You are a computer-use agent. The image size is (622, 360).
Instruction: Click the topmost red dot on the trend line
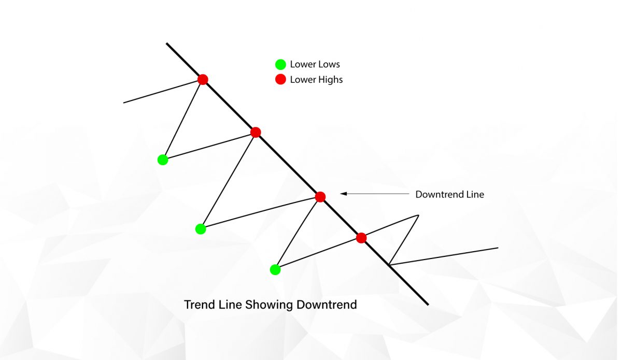(x=203, y=79)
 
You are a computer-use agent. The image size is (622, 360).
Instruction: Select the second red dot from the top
(x=255, y=133)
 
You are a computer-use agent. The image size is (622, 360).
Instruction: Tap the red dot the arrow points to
(x=320, y=197)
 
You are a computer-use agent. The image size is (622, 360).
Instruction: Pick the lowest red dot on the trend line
(x=361, y=238)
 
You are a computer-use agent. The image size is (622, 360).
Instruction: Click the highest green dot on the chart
(x=163, y=160)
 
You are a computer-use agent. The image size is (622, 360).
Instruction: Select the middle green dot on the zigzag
(x=201, y=229)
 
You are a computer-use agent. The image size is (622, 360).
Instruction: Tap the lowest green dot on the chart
(x=275, y=269)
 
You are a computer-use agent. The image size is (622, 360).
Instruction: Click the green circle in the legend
(x=280, y=65)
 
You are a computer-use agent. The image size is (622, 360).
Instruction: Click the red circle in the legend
(x=280, y=80)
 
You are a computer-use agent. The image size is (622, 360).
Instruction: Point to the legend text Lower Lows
(x=315, y=65)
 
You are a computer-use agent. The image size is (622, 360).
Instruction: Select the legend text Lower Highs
(x=316, y=80)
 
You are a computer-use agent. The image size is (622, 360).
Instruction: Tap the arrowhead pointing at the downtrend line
(x=343, y=194)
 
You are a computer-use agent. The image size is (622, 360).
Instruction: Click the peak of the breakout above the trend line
(x=417, y=215)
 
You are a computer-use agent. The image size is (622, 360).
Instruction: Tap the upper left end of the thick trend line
(x=167, y=44)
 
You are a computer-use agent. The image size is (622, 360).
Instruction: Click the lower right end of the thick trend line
(x=428, y=304)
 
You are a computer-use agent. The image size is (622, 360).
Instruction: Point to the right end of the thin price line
(x=498, y=248)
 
